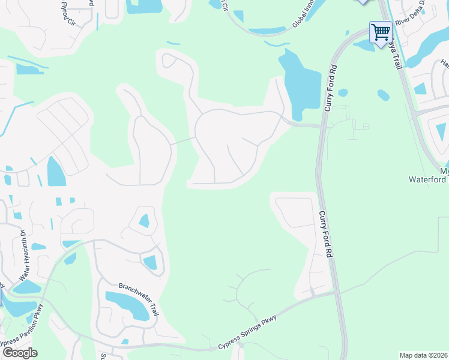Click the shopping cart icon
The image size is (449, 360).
pyautogui.click(x=381, y=31)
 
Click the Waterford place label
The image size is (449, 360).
pyautogui.click(x=429, y=179)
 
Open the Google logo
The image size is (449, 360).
pyautogui.click(x=20, y=352)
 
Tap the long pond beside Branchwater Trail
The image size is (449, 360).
pyautogui.click(x=127, y=305)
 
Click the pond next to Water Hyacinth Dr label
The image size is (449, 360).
pyautogui.click(x=38, y=247)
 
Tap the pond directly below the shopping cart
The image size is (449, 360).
pyautogui.click(x=364, y=46)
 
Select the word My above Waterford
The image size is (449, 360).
pyautogui.click(x=444, y=171)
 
